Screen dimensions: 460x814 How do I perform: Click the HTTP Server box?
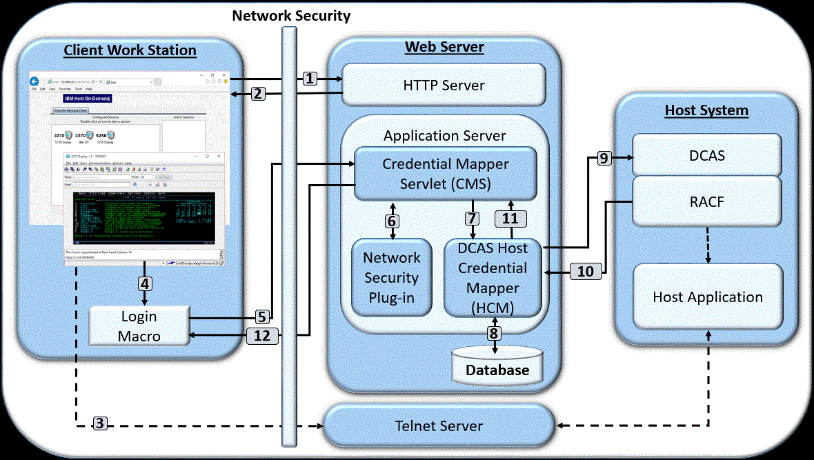pyautogui.click(x=444, y=86)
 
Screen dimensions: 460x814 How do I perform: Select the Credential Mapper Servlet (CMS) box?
pyautogui.click(x=445, y=174)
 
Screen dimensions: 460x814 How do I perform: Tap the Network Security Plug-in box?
pyautogui.click(x=391, y=277)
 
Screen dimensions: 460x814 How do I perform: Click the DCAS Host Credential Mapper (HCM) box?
pyautogui.click(x=493, y=277)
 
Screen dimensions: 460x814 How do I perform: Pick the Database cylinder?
pyautogui.click(x=497, y=366)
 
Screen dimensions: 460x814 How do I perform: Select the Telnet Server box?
pyautogui.click(x=439, y=426)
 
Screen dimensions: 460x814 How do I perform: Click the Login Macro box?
pyautogui.click(x=139, y=326)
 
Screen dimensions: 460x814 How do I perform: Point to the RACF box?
pyautogui.click(x=707, y=201)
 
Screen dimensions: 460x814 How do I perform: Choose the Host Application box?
pyautogui.click(x=708, y=297)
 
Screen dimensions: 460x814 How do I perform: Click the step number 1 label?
pyautogui.click(x=310, y=79)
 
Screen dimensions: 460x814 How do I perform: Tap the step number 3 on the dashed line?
pyautogui.click(x=100, y=423)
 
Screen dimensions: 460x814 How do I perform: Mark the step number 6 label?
pyautogui.click(x=392, y=221)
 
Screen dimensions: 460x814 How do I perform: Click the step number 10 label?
pyautogui.click(x=585, y=272)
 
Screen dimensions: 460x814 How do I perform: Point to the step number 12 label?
pyautogui.click(x=262, y=337)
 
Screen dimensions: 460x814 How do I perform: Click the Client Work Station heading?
pyautogui.click(x=130, y=50)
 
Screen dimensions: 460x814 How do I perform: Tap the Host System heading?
pyautogui.click(x=706, y=110)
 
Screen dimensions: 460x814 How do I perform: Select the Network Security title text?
pyautogui.click(x=291, y=15)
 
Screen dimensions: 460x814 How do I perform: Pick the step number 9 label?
pyautogui.click(x=604, y=158)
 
